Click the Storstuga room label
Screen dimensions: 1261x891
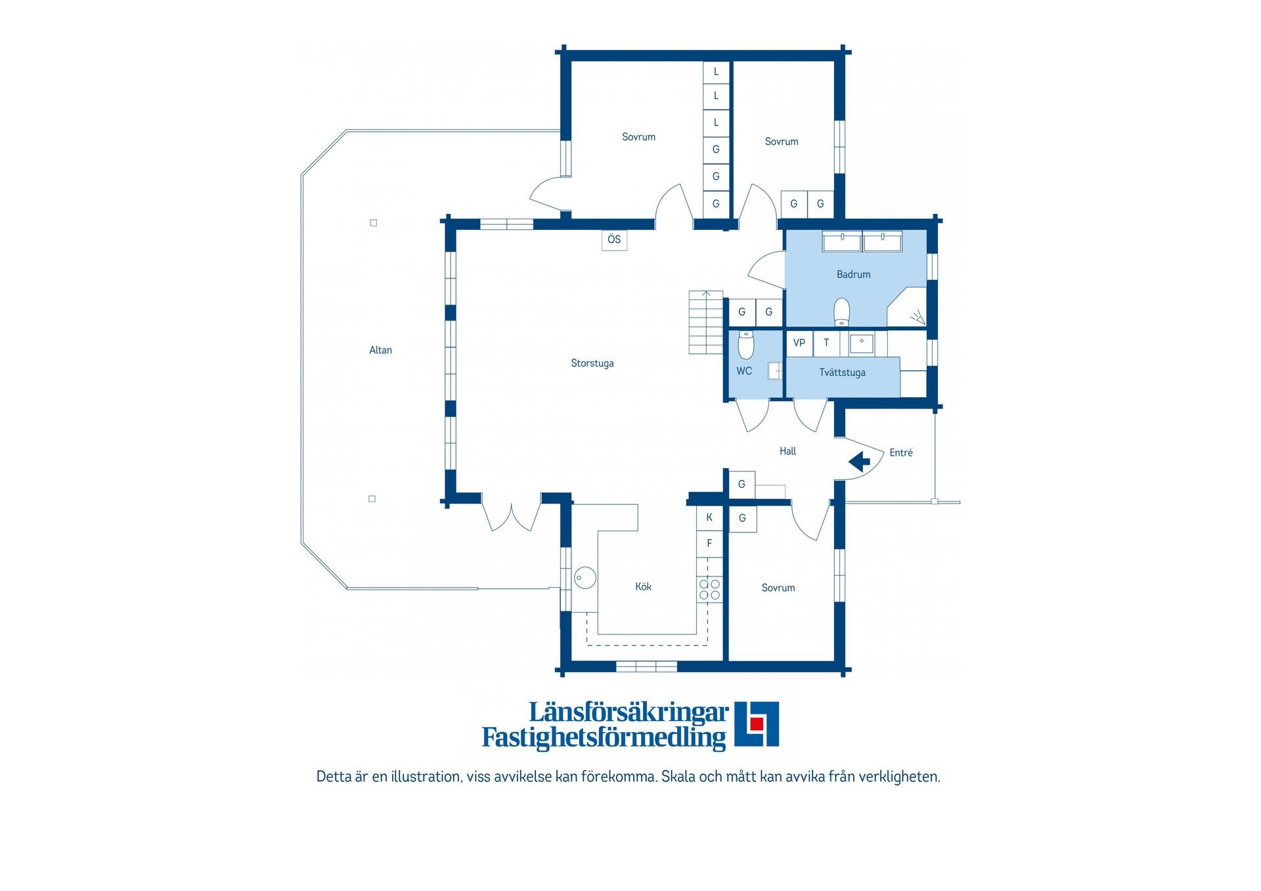[x=592, y=363]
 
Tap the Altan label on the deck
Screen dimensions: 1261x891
[x=380, y=350]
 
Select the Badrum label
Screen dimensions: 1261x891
[x=853, y=274]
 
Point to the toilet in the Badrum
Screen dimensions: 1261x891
[x=841, y=313]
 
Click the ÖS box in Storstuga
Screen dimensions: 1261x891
[x=614, y=240]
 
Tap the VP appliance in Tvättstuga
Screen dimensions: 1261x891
[x=799, y=343]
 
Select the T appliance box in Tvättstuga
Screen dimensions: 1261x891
[x=826, y=343]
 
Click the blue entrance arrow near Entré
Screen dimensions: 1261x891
[x=859, y=462]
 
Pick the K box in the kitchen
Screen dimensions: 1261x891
[x=709, y=517]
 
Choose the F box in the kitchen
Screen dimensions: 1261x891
[x=709, y=544]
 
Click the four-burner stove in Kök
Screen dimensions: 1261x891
[x=709, y=590]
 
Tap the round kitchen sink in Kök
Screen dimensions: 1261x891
[x=585, y=578]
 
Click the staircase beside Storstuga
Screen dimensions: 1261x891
[x=705, y=322]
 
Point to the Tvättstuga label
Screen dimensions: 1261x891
[x=842, y=373]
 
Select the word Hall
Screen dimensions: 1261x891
[x=787, y=451]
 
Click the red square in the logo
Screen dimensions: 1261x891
[x=757, y=724]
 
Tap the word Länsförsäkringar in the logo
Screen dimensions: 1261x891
[x=629, y=712]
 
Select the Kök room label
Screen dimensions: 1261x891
[x=643, y=587]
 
